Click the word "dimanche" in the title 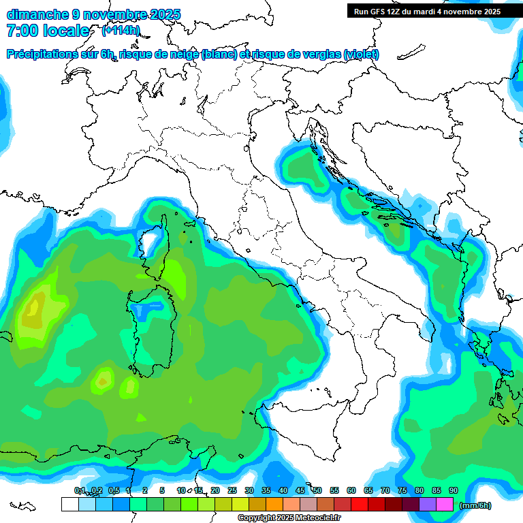[35, 14]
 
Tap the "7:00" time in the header [21, 31]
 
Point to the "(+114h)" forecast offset [121, 31]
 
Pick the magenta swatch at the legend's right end [445, 505]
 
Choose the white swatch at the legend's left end [69, 505]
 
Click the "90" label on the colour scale [454, 490]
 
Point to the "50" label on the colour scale [317, 490]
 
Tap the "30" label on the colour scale [249, 490]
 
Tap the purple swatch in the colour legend [428, 505]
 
